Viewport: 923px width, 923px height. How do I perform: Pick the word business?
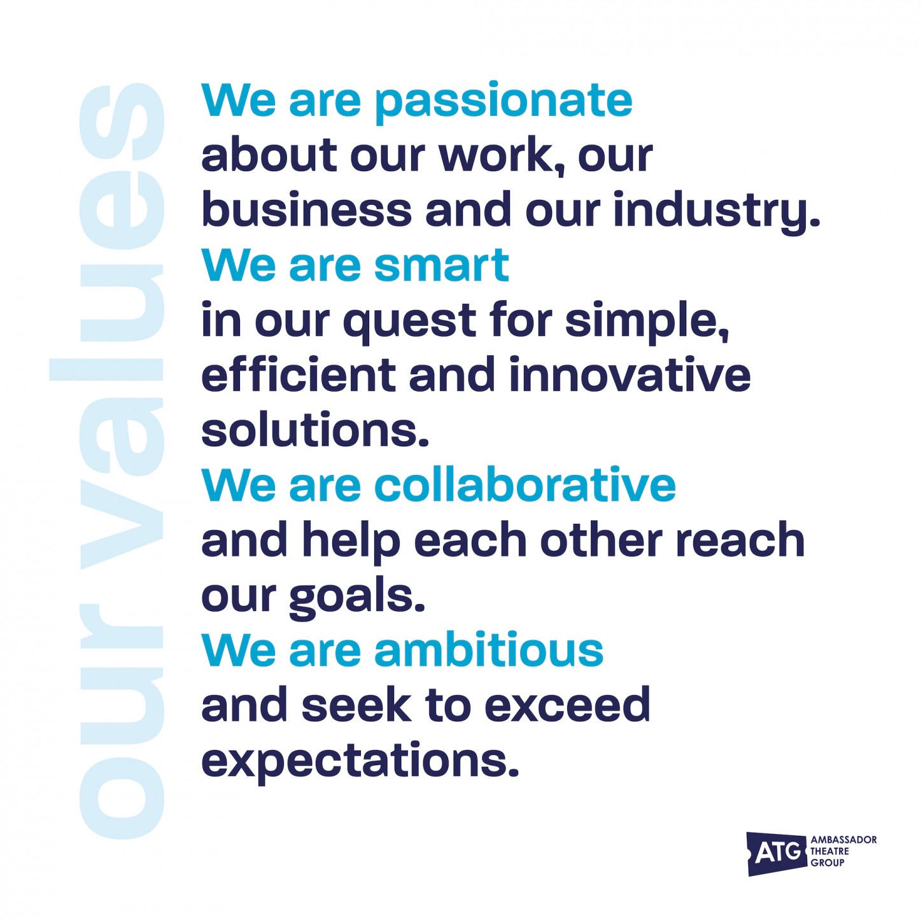307,209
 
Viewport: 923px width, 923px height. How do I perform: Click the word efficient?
299,374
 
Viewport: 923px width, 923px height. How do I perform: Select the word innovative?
630,374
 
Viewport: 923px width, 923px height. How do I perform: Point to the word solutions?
314,430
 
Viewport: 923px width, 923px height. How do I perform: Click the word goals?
357,596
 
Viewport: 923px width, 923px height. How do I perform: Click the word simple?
647,322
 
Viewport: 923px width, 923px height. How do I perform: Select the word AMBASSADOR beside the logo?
843,840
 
